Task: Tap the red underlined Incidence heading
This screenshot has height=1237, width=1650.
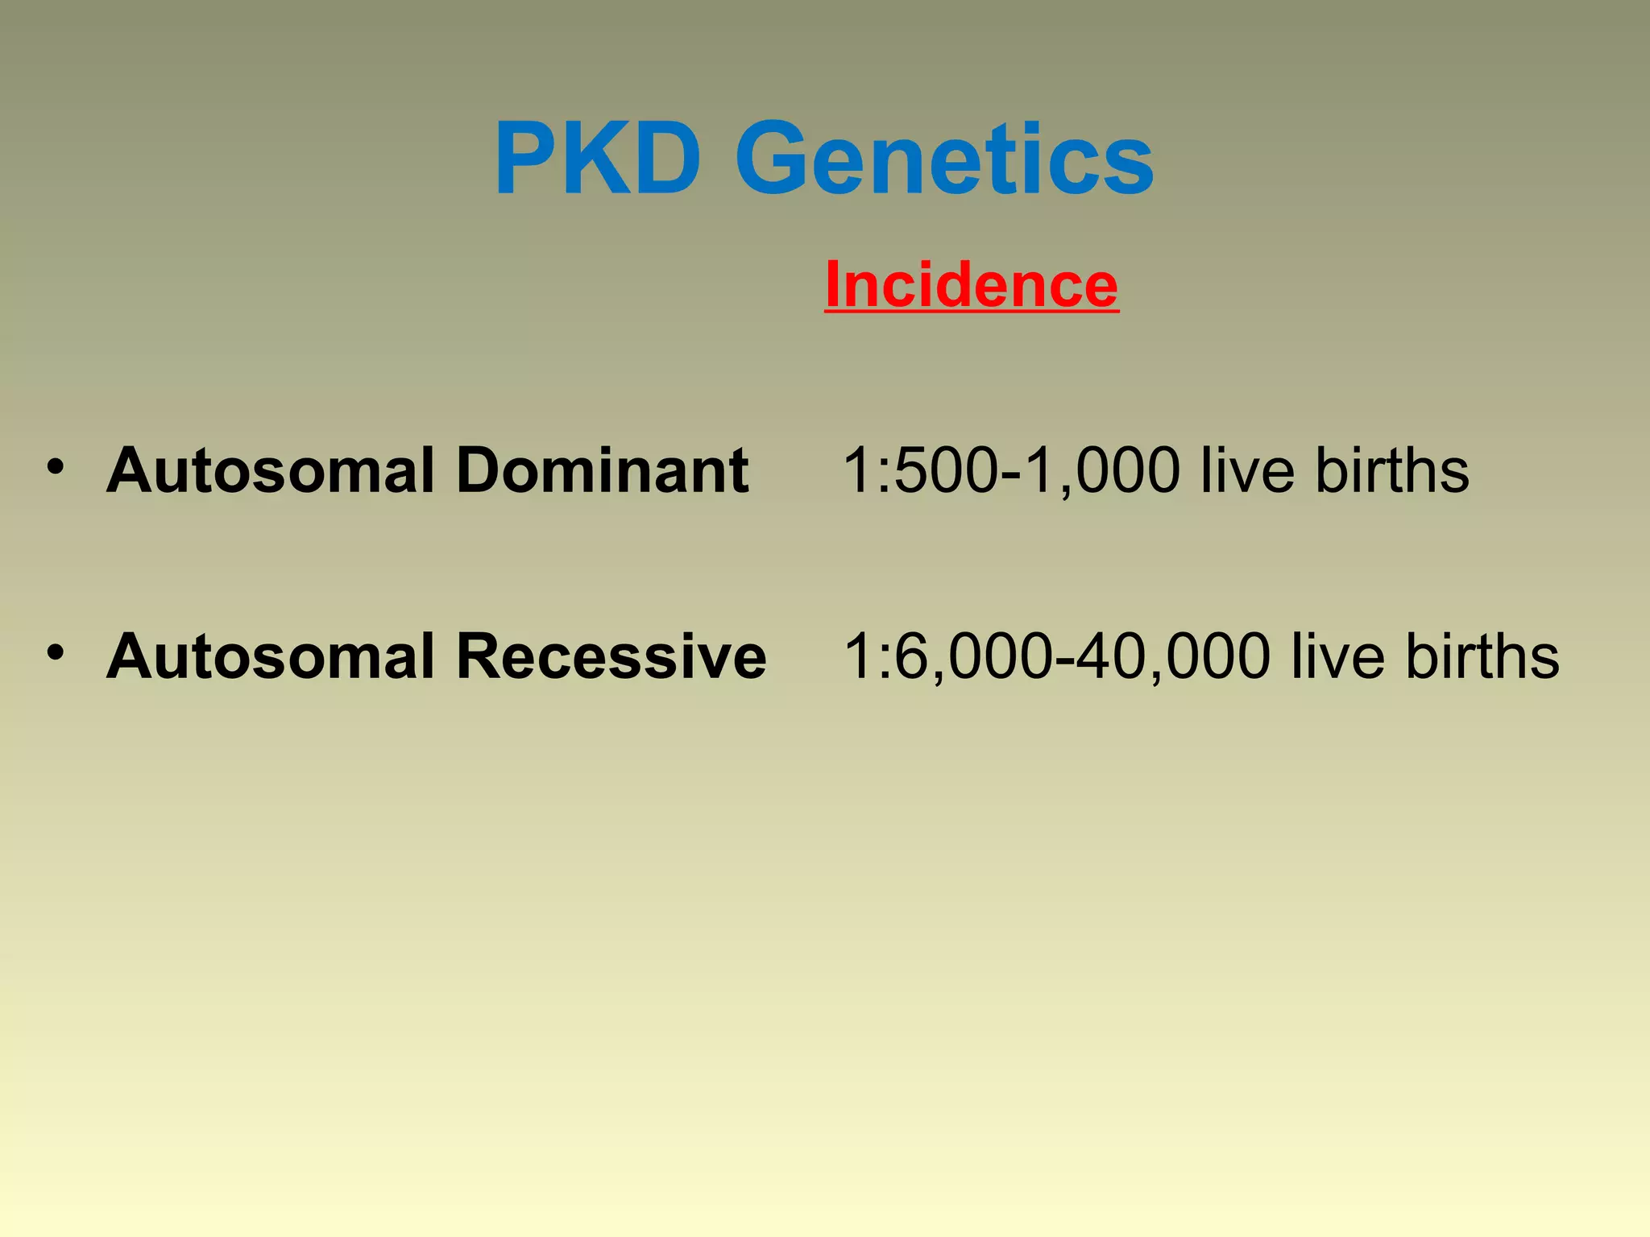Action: point(972,284)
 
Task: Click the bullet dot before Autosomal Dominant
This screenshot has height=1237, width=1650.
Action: point(55,467)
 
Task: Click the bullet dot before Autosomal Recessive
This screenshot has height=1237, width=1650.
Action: point(55,652)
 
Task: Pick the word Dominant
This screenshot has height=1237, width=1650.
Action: point(603,470)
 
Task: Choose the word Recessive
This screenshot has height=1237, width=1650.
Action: point(611,656)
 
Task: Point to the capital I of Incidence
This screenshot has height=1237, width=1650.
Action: point(834,284)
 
